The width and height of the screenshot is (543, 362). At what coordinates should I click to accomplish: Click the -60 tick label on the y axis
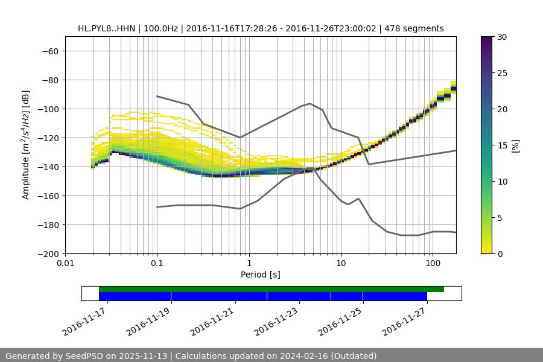(x=49, y=51)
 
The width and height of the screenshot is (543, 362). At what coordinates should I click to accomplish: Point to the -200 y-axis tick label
(x=48, y=254)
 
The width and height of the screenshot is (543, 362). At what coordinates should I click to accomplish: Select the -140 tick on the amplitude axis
(x=48, y=167)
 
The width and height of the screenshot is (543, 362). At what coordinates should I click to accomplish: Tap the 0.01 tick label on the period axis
(x=65, y=264)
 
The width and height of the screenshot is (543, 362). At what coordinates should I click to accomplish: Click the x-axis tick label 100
(x=432, y=264)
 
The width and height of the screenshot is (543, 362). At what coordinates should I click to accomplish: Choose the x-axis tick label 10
(x=340, y=264)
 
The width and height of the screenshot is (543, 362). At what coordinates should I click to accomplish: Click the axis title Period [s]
(x=260, y=275)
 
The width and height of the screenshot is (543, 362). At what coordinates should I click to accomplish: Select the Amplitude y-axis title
(x=26, y=145)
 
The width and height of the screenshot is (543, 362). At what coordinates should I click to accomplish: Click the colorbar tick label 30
(x=502, y=37)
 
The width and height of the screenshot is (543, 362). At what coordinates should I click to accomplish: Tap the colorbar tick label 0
(x=500, y=254)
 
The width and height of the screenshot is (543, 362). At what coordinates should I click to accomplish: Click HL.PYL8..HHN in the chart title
(x=106, y=28)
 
